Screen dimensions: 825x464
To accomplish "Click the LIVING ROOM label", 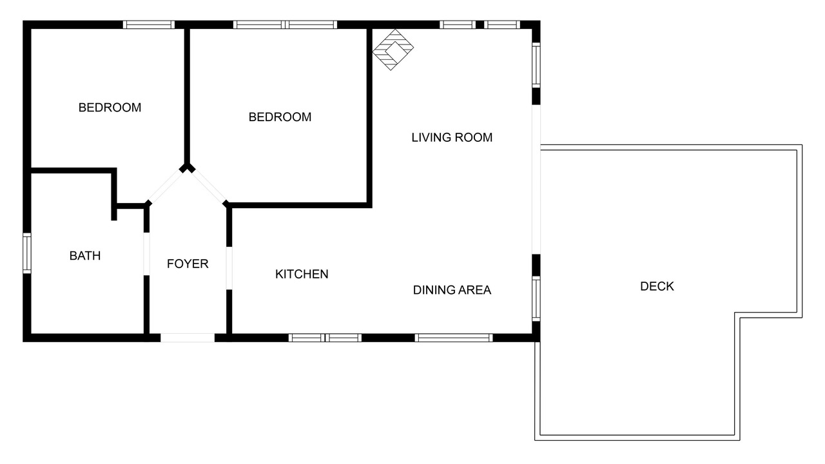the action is pos(452,137).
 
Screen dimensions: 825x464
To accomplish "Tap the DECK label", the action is pos(657,286).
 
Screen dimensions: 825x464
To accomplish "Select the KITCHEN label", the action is pos(302,274).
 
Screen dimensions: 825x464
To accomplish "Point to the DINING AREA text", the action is pos(452,290).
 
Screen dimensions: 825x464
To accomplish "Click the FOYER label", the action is pos(188,264).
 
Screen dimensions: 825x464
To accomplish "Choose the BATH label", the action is pos(84,256).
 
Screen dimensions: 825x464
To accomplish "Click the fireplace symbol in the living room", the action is pos(393,50).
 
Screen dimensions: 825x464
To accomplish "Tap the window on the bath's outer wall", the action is pos(27,253).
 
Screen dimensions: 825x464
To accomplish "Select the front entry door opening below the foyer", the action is pos(188,338).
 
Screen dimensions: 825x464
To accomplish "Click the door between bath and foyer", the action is pos(146,254).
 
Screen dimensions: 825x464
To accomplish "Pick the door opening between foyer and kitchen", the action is pos(229,268).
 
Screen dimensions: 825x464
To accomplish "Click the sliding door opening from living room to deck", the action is pos(536,179).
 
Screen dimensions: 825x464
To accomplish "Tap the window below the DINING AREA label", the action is pos(454,338).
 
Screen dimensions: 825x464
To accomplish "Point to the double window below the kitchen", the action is pos(325,338).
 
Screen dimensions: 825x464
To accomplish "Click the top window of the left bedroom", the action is pos(148,24).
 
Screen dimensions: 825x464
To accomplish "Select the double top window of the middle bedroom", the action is pos(285,24).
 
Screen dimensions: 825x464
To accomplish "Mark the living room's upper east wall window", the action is pos(536,65).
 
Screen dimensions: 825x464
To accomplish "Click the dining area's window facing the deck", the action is pos(536,298).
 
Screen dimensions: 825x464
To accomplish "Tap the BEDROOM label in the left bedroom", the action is pos(110,108).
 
